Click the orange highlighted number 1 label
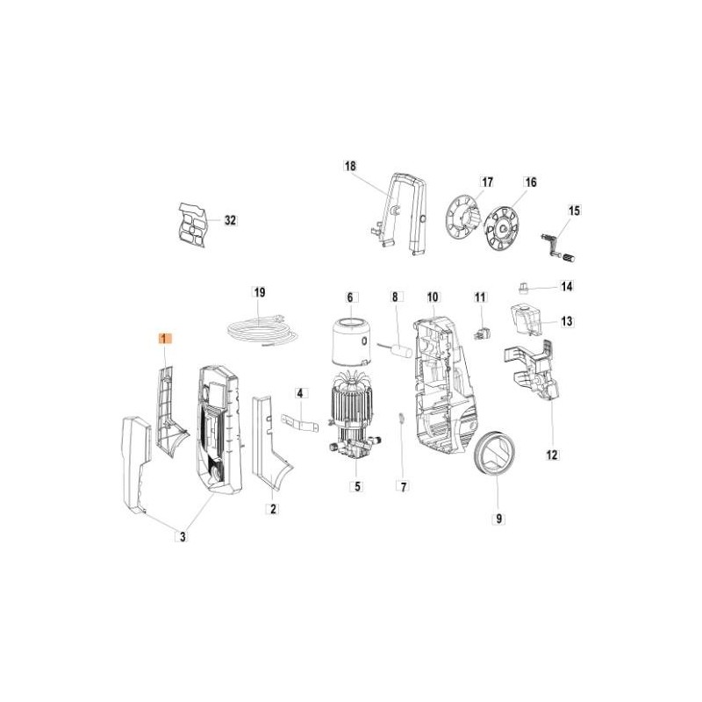164,339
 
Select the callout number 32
230,220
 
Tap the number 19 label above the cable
260,292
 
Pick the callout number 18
350,166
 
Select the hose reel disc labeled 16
502,227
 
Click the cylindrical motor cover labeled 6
351,342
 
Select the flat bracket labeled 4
299,424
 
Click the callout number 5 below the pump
357,486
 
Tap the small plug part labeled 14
522,288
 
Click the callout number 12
552,455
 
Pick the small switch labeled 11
480,334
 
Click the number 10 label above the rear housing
433,297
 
